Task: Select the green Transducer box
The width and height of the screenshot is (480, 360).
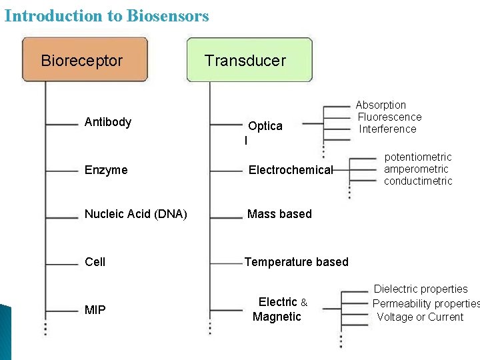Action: pos(249,60)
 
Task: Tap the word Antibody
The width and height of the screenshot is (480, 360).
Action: pos(108,122)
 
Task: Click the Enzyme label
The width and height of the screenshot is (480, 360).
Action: pos(106,170)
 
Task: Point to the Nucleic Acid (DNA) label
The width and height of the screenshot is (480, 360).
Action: pos(136,214)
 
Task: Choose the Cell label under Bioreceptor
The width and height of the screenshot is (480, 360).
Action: pos(95,262)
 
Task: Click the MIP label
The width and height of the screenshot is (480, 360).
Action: pos(95,310)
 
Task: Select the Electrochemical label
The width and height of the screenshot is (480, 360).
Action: pos(290,170)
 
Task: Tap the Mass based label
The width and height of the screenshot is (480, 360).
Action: pos(279,214)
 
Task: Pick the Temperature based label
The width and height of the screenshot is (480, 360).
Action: pos(296,262)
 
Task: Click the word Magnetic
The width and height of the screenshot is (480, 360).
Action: pos(277,317)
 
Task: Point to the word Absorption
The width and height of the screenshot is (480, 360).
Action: pos(381,105)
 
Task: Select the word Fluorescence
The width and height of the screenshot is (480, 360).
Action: pos(390,117)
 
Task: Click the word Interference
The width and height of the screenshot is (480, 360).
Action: pos(387,129)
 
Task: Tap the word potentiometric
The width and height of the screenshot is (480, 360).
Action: pos(418,157)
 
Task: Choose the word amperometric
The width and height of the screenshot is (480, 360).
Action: pos(416,169)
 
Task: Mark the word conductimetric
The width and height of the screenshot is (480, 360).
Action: pos(418,181)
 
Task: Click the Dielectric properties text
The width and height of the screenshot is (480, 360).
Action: pos(421,289)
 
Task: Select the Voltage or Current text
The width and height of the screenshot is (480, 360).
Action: pos(420,317)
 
